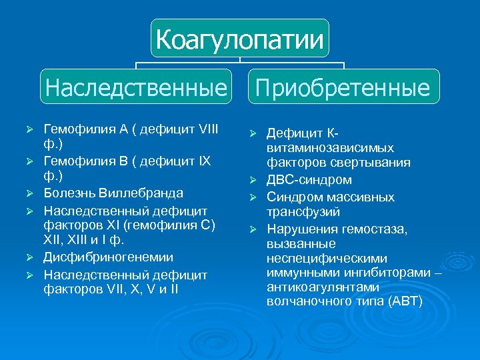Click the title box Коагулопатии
239,39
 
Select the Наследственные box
136,87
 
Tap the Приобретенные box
344,87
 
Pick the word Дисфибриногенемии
109,257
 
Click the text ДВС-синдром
309,180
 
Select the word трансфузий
303,212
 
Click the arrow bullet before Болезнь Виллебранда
28,193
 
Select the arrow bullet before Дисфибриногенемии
28,257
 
